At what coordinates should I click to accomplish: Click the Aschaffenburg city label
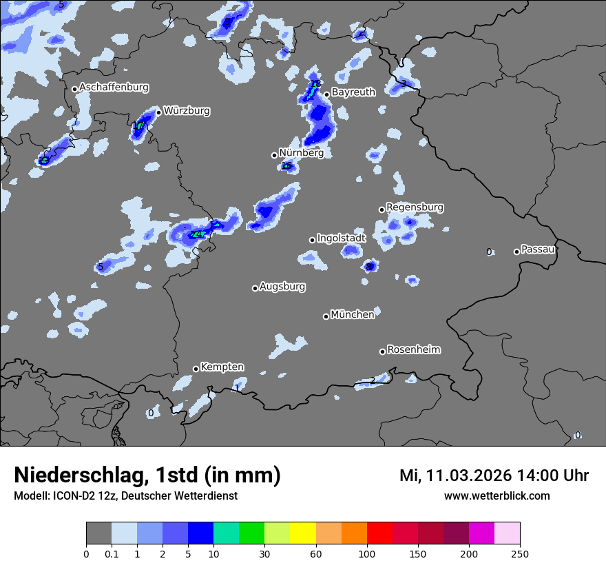point(114,88)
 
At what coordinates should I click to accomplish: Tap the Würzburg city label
point(187,110)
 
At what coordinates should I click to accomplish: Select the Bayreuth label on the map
point(353,92)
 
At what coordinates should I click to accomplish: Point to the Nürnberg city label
point(301,153)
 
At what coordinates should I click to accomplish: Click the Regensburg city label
point(415,207)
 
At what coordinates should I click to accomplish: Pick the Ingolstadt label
point(341,238)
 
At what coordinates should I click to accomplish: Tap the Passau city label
point(538,249)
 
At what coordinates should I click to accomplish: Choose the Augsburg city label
point(282,286)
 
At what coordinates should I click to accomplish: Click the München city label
point(353,314)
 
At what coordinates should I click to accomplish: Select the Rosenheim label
point(413,349)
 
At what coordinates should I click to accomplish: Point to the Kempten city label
point(222,367)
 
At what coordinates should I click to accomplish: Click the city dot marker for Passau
point(516,252)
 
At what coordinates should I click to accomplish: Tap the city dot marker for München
point(326,316)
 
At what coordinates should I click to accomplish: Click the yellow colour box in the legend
point(303,533)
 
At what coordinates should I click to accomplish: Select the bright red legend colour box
point(379,533)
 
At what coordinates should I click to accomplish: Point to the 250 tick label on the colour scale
point(520,553)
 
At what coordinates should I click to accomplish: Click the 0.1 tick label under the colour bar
point(112,553)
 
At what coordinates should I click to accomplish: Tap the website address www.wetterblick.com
point(497,496)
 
